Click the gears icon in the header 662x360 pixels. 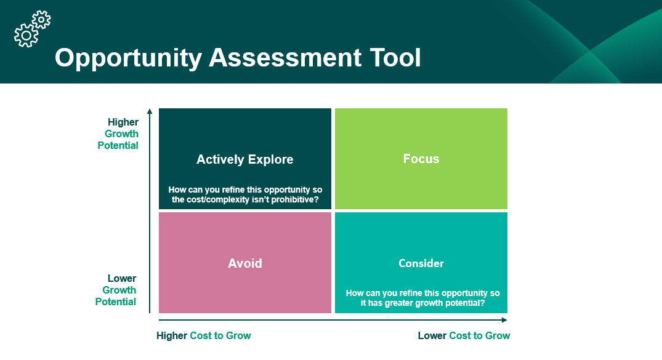click(x=32, y=29)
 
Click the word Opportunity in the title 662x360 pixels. click(x=128, y=58)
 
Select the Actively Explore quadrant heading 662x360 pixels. click(x=244, y=159)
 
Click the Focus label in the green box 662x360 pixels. click(x=421, y=159)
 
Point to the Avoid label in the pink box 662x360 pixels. click(x=245, y=263)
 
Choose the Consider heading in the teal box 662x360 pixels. click(x=421, y=263)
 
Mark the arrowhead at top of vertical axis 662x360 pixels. click(x=150, y=111)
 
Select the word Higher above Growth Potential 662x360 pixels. click(x=123, y=122)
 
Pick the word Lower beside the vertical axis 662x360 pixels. click(x=122, y=278)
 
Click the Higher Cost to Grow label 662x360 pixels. click(x=204, y=335)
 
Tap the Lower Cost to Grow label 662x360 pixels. click(x=464, y=335)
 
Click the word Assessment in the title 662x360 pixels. click(x=285, y=58)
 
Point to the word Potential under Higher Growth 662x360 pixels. click(x=118, y=145)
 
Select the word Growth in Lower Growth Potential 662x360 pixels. click(x=119, y=290)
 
